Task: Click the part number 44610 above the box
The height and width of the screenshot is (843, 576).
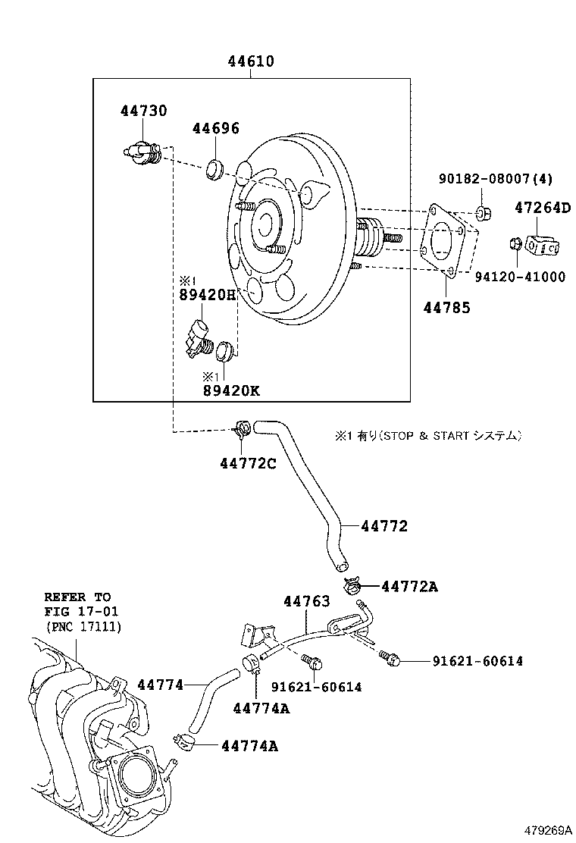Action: (x=251, y=61)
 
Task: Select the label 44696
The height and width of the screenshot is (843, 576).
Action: (x=215, y=128)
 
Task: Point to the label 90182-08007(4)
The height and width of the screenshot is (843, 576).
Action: (x=496, y=179)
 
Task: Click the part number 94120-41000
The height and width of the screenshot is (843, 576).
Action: (x=520, y=277)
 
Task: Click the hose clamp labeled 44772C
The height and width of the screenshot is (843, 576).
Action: (x=242, y=431)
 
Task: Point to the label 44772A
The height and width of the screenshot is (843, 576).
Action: (x=409, y=586)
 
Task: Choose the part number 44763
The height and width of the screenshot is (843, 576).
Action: (x=307, y=601)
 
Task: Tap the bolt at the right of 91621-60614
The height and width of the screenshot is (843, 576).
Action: (x=390, y=657)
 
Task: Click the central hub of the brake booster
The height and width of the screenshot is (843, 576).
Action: (x=266, y=223)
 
